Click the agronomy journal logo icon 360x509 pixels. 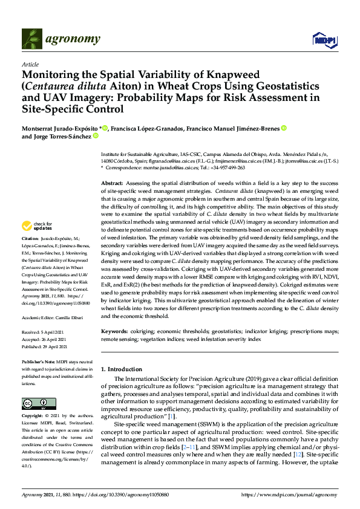tap(32, 39)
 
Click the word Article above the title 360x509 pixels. tap(30, 64)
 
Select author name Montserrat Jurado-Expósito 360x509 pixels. tap(61, 128)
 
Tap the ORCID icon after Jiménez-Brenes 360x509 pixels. tap(284, 128)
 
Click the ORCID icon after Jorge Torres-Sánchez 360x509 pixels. tap(97, 137)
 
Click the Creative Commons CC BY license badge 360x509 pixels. tap(35, 404)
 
